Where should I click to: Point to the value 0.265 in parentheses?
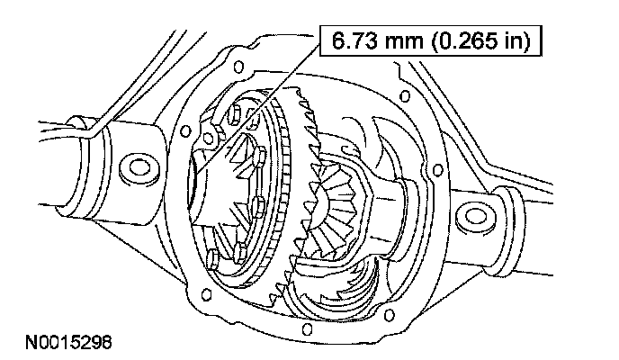pyautogui.click(x=462, y=41)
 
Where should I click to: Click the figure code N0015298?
pyautogui.click(x=68, y=342)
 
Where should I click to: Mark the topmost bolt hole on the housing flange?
pyautogui.click(x=238, y=67)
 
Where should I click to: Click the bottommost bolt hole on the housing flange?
pyautogui.click(x=307, y=328)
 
